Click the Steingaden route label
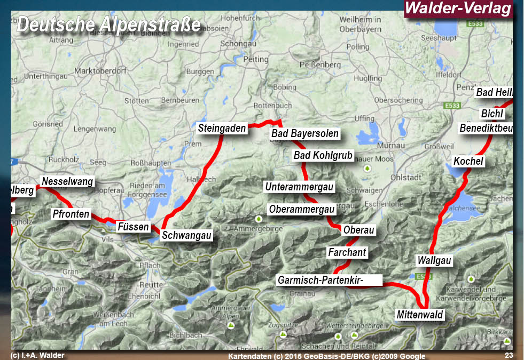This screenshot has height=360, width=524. (x=222, y=128)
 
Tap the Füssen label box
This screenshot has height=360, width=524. (x=133, y=227)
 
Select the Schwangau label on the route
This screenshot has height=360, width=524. (x=187, y=235)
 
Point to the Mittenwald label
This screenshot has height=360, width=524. (x=420, y=315)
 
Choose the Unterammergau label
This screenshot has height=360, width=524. (x=299, y=187)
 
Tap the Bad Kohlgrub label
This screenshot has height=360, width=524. (x=323, y=155)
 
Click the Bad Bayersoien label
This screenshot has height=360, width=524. (x=304, y=133)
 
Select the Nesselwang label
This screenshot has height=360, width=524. (x=67, y=181)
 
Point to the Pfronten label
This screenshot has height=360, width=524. (x=71, y=214)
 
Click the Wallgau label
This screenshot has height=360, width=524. (x=434, y=261)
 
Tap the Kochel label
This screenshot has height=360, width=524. (x=468, y=161)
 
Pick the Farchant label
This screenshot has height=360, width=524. (x=347, y=252)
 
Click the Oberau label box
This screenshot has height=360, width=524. (x=358, y=230)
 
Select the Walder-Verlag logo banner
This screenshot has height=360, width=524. (x=458, y=9)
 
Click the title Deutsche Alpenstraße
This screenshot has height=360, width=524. (x=108, y=25)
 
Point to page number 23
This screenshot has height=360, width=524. (x=508, y=355)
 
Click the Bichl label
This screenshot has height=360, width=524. (x=492, y=114)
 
